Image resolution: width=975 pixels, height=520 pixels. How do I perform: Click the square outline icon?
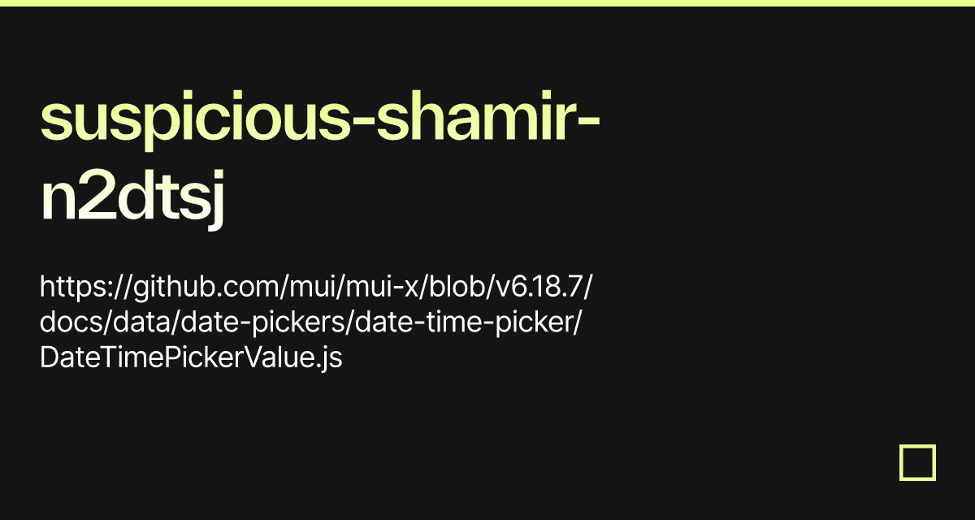click(x=917, y=462)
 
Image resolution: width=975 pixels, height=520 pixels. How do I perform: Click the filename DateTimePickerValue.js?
click(x=191, y=357)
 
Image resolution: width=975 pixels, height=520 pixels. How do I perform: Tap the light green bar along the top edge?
click(x=487, y=3)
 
